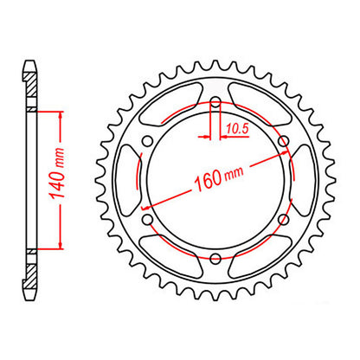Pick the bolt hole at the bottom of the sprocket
click(214, 256)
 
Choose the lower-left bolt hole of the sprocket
click(148, 218)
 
